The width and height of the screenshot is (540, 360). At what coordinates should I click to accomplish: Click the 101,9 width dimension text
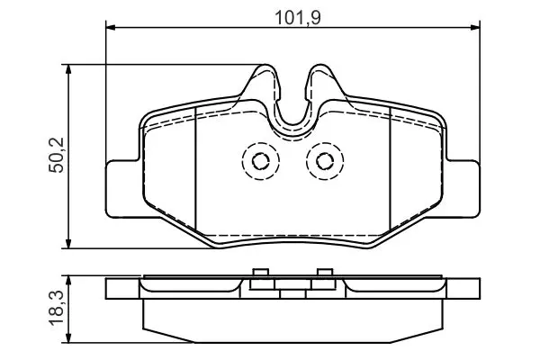click(x=298, y=18)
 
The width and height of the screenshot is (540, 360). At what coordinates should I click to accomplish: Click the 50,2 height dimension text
click(x=57, y=155)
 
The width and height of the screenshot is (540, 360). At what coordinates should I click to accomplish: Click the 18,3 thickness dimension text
click(x=57, y=308)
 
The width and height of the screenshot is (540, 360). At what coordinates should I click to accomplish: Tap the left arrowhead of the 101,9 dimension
click(x=110, y=26)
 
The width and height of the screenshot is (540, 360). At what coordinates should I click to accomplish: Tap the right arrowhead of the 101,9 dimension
click(x=475, y=26)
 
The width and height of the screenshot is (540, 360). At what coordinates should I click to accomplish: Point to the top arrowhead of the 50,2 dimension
click(x=68, y=68)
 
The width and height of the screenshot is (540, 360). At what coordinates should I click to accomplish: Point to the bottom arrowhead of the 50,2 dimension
click(x=68, y=244)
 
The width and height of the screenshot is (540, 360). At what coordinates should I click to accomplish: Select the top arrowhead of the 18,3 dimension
click(x=68, y=280)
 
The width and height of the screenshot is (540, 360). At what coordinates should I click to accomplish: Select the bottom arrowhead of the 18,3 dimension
click(x=68, y=338)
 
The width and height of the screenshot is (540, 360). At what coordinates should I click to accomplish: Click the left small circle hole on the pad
click(x=261, y=161)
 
